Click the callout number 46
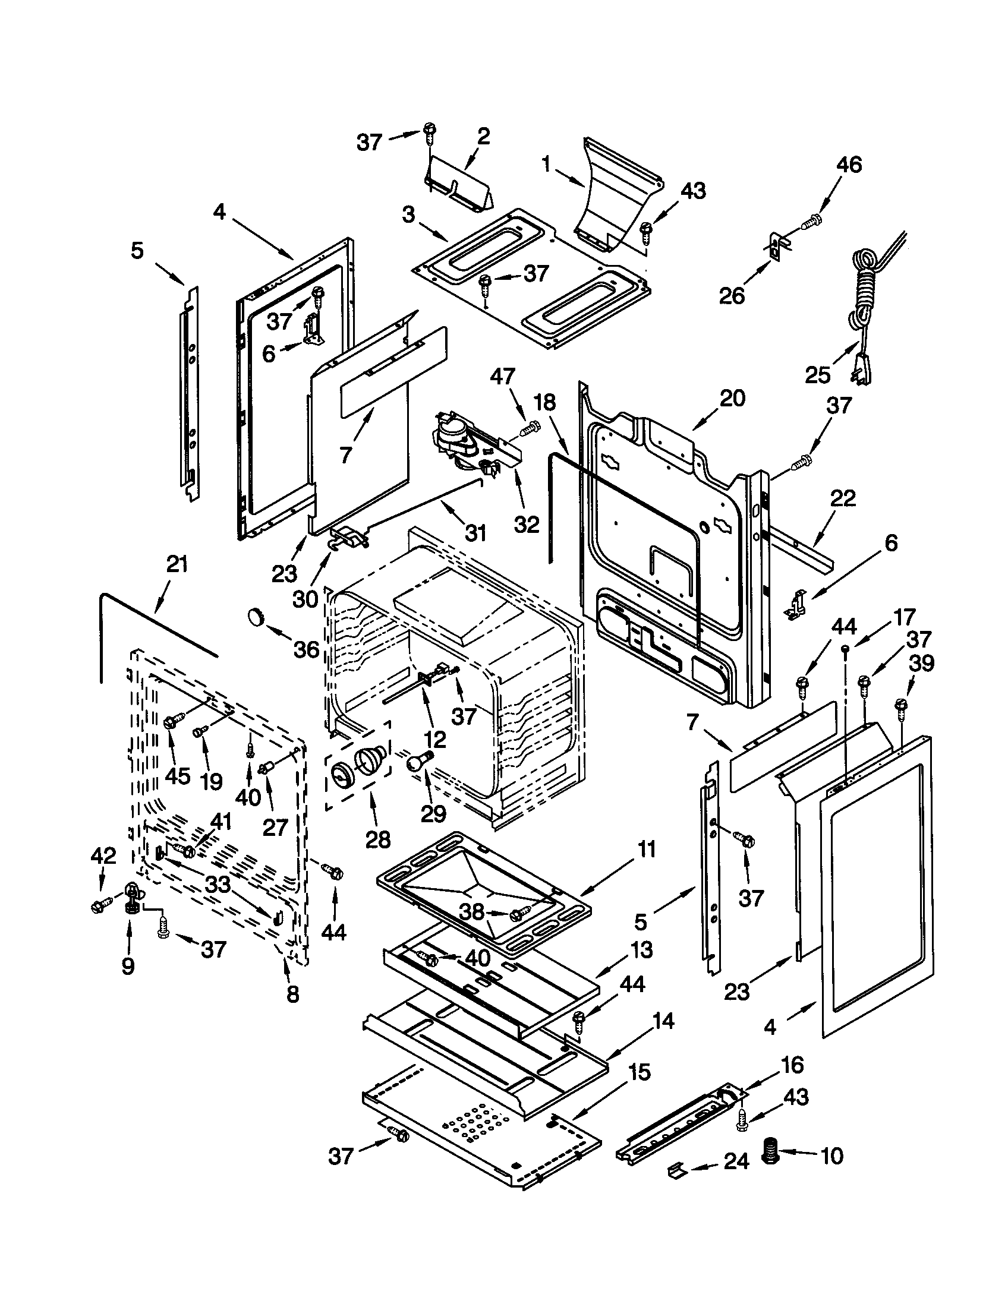click(849, 165)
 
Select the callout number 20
click(732, 398)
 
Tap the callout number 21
click(177, 564)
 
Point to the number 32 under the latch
click(527, 524)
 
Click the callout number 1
click(546, 165)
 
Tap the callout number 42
click(102, 855)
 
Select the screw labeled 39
click(900, 706)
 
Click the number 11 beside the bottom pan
click(646, 849)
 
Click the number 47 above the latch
click(502, 377)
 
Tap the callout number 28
click(377, 838)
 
